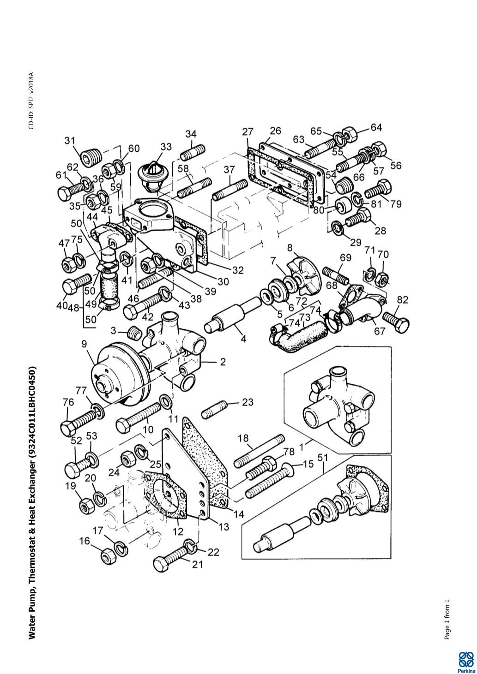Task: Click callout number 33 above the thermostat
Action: tap(166, 147)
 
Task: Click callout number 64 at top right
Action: tap(376, 127)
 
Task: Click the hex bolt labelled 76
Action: tap(78, 419)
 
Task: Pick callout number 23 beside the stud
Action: tap(248, 402)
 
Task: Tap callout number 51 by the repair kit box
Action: tap(323, 457)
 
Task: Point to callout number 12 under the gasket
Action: tap(178, 531)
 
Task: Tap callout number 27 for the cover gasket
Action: tap(248, 131)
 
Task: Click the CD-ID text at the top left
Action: tap(31, 100)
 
